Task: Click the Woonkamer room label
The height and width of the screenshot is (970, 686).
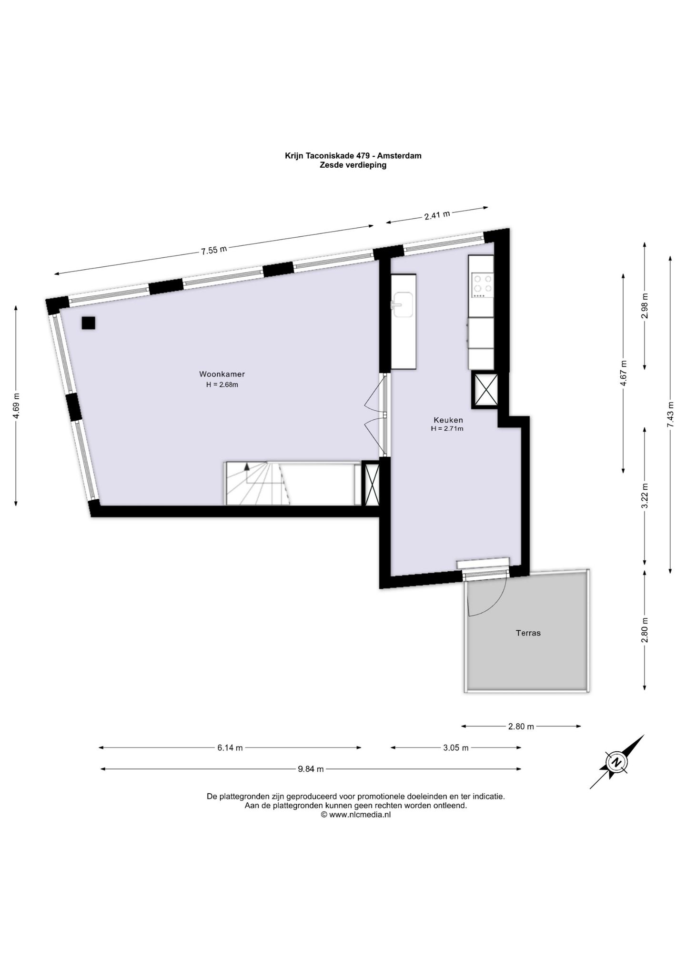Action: pos(222,374)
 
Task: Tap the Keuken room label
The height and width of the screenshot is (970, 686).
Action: pos(448,420)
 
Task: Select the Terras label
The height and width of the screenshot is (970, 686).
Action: pos(528,633)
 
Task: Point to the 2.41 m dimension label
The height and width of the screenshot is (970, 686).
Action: pos(437,215)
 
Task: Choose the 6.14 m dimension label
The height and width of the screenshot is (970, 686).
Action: pos(230,748)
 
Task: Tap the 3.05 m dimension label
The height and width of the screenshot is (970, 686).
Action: pos(456,748)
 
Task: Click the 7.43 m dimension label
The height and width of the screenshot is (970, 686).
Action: pos(671,414)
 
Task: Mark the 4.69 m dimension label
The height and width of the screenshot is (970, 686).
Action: pos(17,406)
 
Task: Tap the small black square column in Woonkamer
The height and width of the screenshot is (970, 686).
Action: pos(88,323)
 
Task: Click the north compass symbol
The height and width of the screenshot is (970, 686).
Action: pos(616,762)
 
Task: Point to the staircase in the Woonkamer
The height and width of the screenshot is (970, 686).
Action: pos(258,483)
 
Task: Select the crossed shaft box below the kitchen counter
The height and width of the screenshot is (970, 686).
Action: pos(485,391)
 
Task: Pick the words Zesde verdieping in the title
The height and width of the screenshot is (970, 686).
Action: pos(353,165)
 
